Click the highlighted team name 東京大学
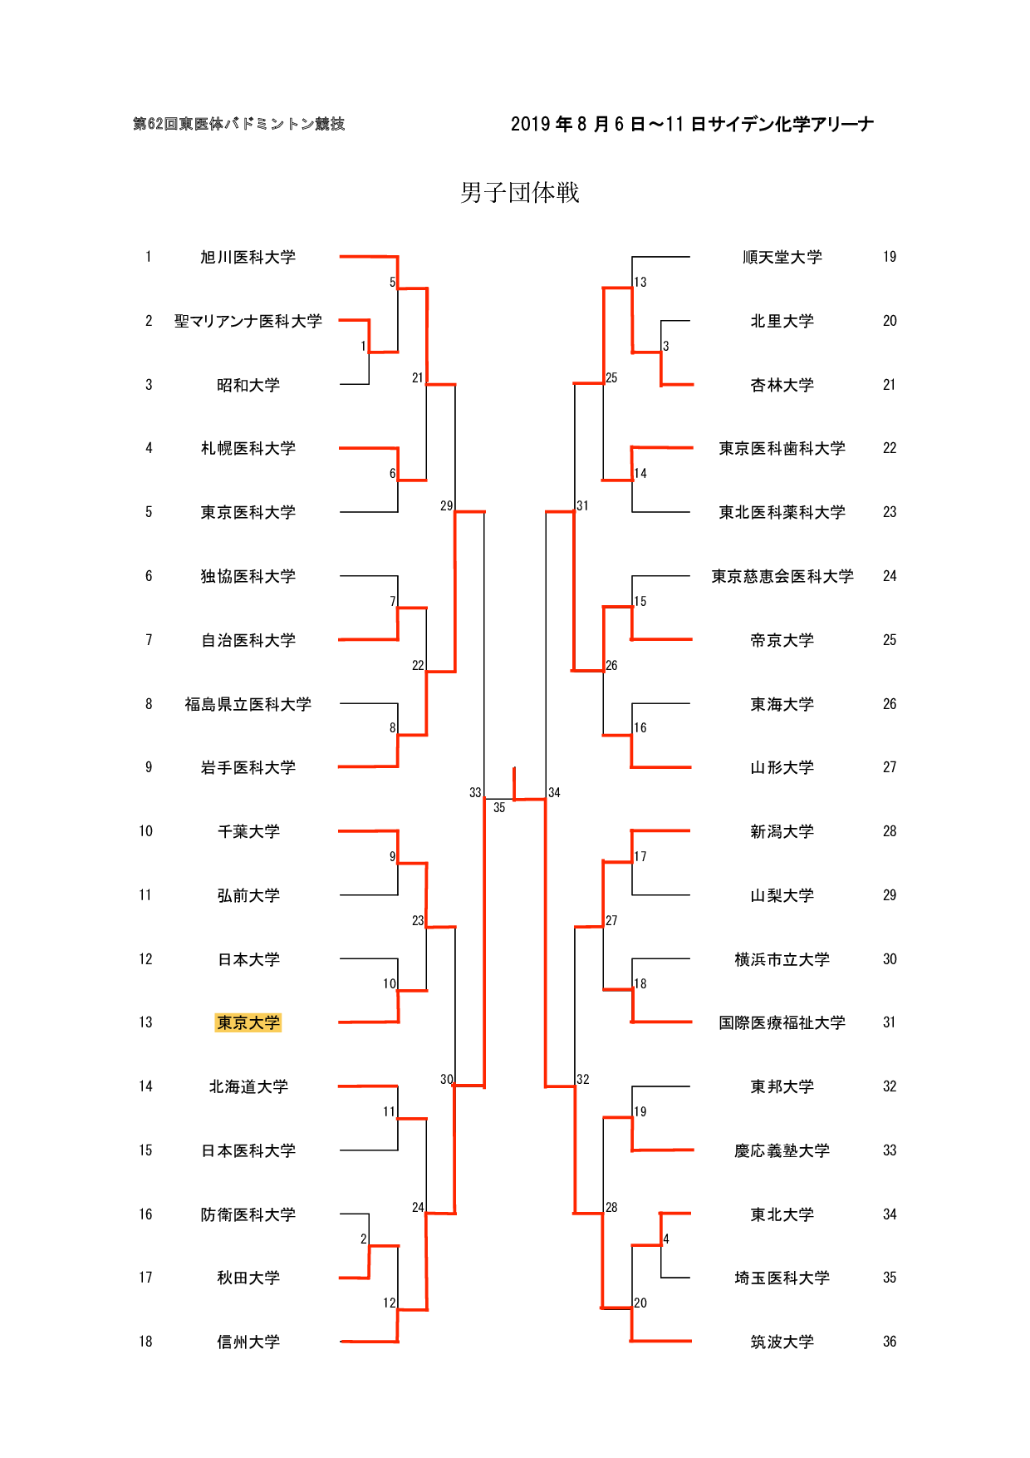click(248, 1022)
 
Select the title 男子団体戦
click(520, 193)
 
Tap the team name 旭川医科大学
click(248, 258)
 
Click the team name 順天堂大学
click(782, 258)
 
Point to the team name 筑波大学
click(782, 1342)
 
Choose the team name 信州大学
click(248, 1342)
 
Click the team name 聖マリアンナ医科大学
click(248, 322)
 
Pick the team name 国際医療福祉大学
click(782, 1022)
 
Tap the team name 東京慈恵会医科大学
click(782, 576)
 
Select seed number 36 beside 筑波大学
click(890, 1342)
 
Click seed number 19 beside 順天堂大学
click(890, 258)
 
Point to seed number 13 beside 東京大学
click(145, 1022)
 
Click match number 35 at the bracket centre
click(499, 807)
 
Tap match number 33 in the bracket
click(475, 793)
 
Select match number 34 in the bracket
click(554, 793)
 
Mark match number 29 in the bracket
click(447, 505)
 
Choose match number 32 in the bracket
click(583, 1079)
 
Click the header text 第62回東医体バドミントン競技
click(239, 124)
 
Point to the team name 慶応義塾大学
click(782, 1150)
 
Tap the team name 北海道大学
click(248, 1086)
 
